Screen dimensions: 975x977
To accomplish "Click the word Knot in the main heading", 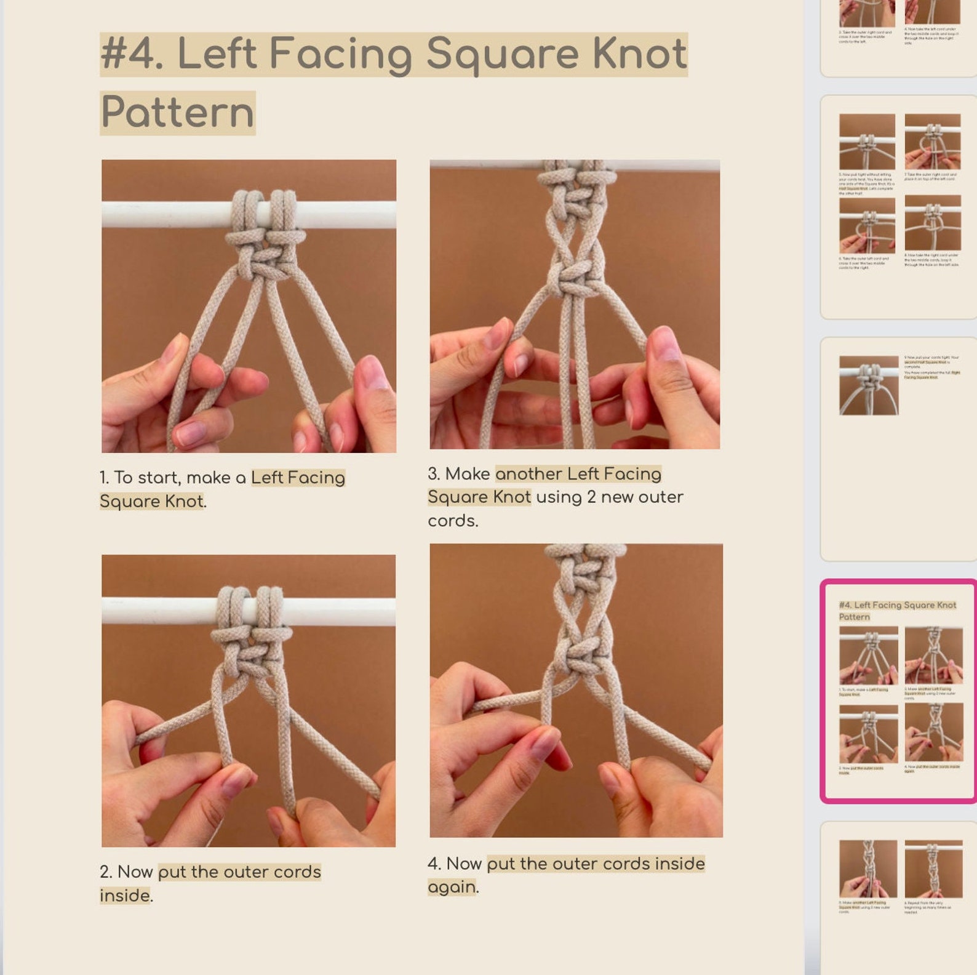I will pos(639,54).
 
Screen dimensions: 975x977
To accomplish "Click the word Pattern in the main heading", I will pos(177,113).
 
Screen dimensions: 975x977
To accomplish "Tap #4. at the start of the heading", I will pos(132,54).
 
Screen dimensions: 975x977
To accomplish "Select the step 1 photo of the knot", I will pos(249,306).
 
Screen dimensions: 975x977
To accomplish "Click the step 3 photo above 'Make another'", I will pos(575,304).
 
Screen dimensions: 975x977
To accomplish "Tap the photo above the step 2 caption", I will pos(249,700).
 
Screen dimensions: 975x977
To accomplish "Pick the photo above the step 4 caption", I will pos(576,690).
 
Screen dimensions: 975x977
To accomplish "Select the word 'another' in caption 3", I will pos(528,474).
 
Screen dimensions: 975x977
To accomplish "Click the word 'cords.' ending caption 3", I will pos(453,521).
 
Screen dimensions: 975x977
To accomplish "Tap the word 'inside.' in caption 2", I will pos(126,896).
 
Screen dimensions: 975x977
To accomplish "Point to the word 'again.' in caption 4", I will pos(453,888).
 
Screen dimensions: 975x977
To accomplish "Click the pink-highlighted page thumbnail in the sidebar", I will pos(899,691).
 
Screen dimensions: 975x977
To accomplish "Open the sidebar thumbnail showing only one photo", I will pos(899,449).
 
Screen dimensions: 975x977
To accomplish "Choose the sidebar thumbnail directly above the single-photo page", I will pos(899,207).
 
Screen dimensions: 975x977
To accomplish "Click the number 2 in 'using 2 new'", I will pos(591,497).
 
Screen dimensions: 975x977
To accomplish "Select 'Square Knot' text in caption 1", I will pos(151,502).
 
